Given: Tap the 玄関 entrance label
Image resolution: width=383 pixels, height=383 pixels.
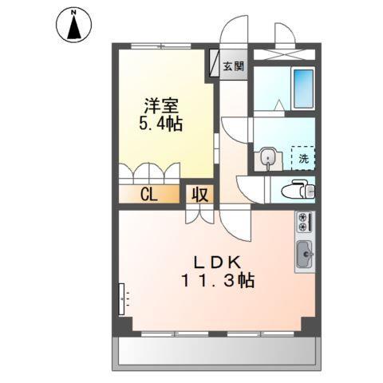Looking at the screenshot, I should (x=232, y=65).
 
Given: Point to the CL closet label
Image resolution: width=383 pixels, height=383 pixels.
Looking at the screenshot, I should (x=148, y=194).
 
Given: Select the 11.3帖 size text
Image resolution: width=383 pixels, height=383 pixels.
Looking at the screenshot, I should (x=216, y=281).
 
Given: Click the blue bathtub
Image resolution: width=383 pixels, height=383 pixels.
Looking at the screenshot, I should (x=303, y=89).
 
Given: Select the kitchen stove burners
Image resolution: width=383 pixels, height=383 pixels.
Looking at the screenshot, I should (x=304, y=223).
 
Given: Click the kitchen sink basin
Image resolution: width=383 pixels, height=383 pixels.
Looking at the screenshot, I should (x=304, y=255).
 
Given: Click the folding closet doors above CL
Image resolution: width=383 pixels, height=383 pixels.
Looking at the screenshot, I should (x=152, y=173).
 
